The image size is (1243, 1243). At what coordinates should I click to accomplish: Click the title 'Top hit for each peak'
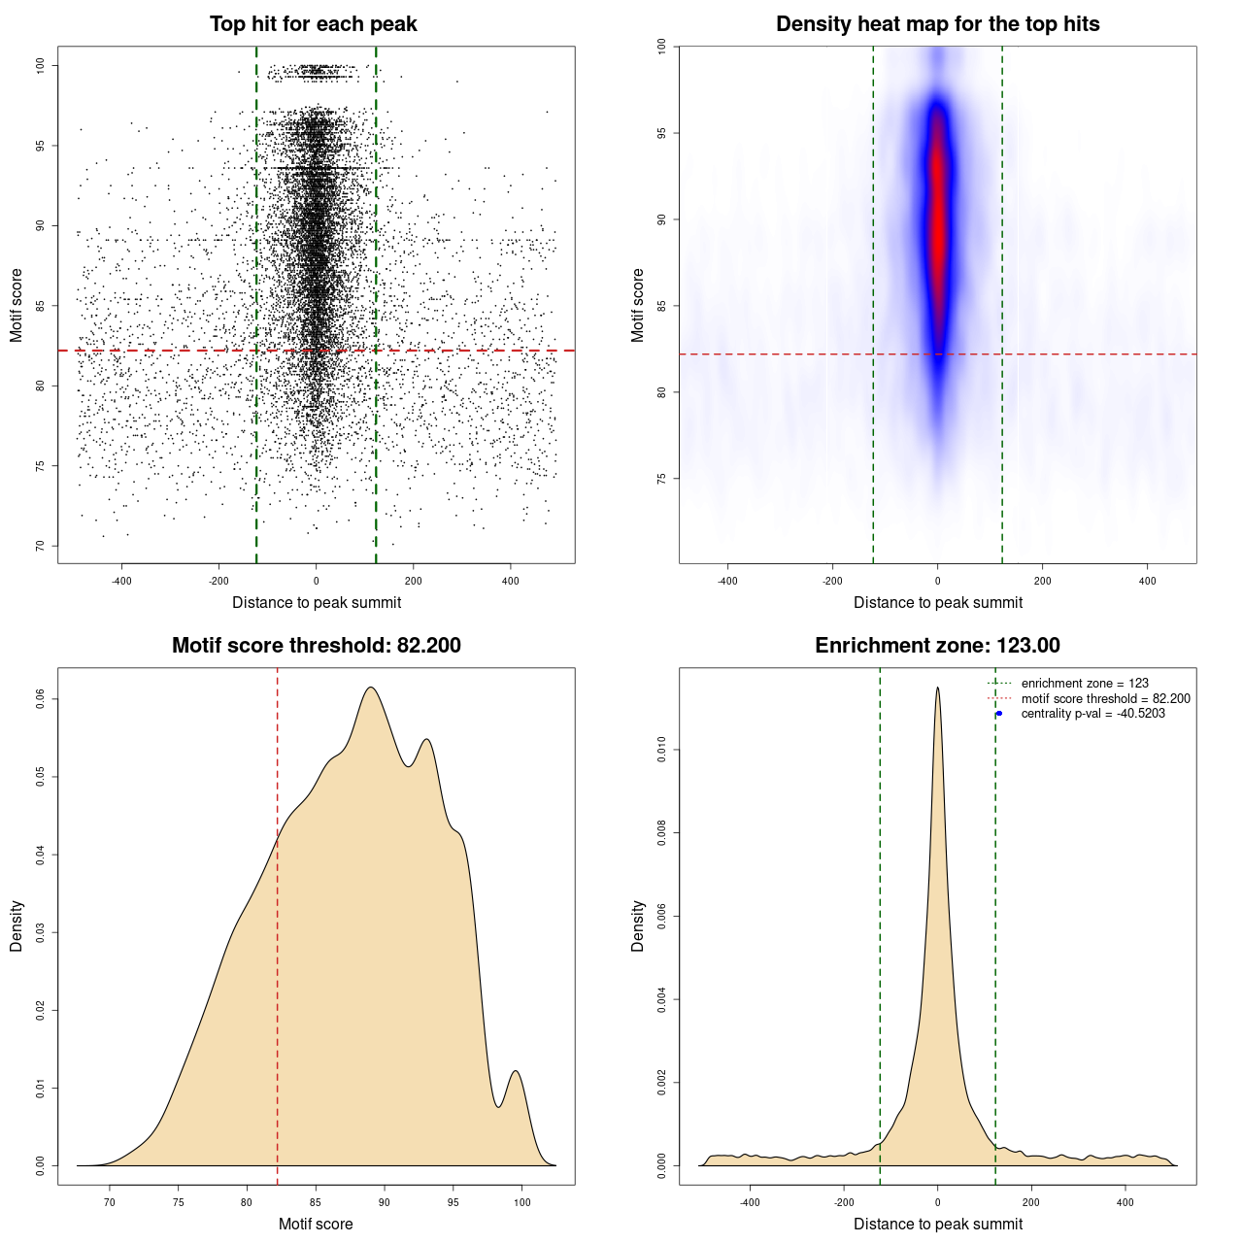point(313,24)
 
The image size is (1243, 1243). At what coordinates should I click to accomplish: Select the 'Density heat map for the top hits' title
point(937,24)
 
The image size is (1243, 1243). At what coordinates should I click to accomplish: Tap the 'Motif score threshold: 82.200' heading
point(316,646)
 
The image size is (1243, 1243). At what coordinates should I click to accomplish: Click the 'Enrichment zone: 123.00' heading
point(937,646)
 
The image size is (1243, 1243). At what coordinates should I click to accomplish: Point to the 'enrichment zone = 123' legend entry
point(1085,684)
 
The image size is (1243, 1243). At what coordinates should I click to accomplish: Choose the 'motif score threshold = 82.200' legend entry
point(1105,698)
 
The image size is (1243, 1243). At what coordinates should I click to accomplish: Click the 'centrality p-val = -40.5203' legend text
point(1092,714)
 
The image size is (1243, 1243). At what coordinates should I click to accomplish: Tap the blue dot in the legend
point(999,714)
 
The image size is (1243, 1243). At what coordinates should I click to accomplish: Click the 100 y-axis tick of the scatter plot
point(41,65)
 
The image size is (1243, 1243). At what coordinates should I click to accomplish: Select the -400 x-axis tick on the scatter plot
point(121,581)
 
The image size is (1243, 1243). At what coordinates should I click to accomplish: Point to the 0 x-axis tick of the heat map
point(937,581)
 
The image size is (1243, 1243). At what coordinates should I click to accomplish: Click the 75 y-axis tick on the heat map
point(662,479)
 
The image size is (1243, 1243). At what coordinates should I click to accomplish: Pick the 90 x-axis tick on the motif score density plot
point(385,1202)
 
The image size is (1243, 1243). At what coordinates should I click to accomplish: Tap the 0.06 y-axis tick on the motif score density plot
point(41,699)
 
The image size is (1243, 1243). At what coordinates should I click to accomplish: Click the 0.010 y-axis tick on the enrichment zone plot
point(662,750)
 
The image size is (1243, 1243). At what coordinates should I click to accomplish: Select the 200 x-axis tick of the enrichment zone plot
point(1031,1202)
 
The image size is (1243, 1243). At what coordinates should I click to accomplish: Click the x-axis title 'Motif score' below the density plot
point(316,1224)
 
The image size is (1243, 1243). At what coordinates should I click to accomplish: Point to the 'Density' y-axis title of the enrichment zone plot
point(638,925)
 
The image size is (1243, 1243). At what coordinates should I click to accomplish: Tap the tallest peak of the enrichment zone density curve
point(937,689)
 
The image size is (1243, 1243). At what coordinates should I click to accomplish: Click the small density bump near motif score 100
point(516,1072)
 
